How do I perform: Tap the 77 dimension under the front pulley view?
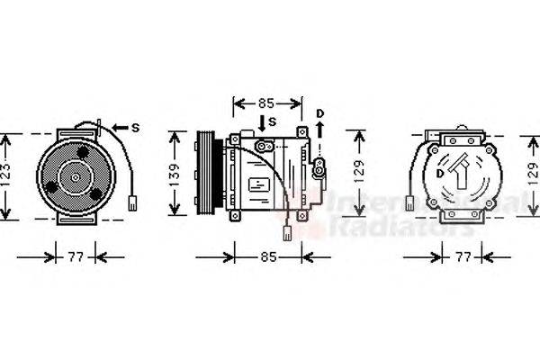pos(76,257)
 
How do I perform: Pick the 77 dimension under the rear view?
pos(462,257)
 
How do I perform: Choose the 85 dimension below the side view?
pos(266,257)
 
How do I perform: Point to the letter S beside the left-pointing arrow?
pos(135,128)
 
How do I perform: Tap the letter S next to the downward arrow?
pos(273,121)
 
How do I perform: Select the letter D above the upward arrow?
pos(319,112)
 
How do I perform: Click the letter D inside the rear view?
pos(439,171)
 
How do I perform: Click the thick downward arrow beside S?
pos(261,123)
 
